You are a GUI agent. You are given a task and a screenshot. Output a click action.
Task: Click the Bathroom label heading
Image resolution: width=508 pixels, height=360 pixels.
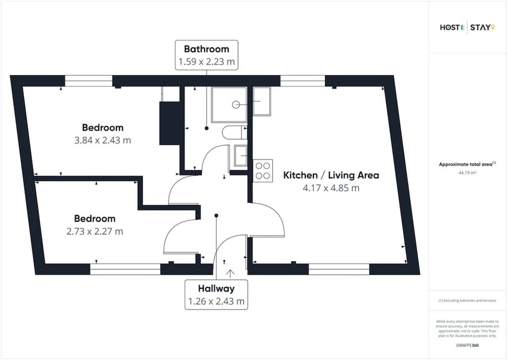(x=206, y=49)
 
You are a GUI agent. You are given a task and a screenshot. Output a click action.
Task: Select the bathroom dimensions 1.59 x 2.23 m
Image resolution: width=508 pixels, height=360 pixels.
(x=206, y=62)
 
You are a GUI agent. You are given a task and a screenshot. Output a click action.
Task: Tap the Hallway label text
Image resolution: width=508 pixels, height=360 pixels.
(x=216, y=289)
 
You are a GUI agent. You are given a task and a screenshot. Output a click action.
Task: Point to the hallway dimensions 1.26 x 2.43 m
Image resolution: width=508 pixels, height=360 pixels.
(x=216, y=302)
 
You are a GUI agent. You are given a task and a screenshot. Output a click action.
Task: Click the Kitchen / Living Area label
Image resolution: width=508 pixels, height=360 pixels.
(x=331, y=175)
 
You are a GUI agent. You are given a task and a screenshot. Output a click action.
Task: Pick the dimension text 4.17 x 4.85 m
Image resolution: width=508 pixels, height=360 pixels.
(x=331, y=188)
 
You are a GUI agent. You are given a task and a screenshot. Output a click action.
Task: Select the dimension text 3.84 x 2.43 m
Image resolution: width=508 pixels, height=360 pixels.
(x=103, y=140)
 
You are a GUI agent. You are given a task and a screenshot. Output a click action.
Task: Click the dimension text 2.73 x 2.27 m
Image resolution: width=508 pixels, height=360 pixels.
(x=94, y=231)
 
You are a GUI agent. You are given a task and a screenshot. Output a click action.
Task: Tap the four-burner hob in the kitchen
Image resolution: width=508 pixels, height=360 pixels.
(x=263, y=171)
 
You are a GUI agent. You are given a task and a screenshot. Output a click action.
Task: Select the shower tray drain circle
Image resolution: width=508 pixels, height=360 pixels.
(x=236, y=104)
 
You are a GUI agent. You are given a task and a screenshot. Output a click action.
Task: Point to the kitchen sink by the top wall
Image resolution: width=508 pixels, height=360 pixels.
(x=262, y=101)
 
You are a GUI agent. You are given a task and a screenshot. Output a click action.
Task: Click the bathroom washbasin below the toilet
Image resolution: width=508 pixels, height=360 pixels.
(x=240, y=156)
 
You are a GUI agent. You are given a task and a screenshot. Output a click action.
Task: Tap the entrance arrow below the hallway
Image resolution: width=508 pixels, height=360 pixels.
(x=230, y=274)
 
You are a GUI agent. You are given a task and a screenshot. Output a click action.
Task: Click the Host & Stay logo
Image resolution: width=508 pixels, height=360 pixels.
(x=467, y=27)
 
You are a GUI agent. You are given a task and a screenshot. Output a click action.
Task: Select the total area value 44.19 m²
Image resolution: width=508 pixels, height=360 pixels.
(x=467, y=173)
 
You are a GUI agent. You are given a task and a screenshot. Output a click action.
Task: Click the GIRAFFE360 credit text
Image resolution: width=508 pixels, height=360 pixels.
(x=467, y=345)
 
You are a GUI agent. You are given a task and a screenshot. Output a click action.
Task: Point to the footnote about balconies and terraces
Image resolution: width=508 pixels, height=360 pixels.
(x=467, y=301)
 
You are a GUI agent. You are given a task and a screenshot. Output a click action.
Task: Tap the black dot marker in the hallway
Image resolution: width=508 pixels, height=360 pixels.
(x=216, y=216)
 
